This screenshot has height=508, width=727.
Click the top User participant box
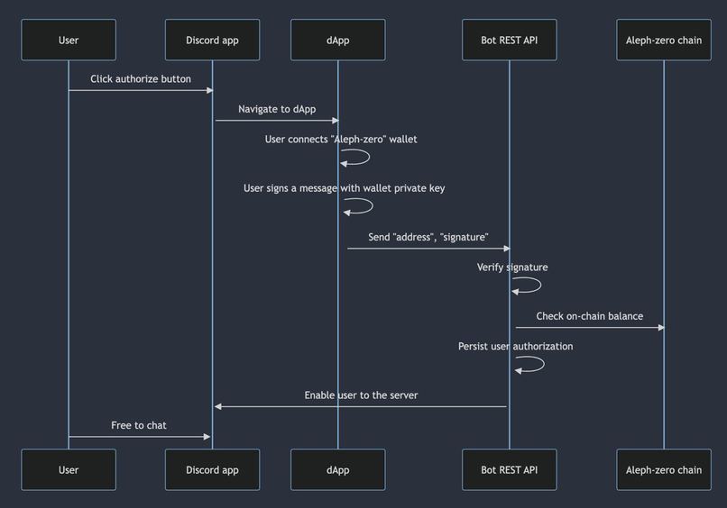click(x=69, y=40)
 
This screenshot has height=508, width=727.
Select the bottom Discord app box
click(x=212, y=469)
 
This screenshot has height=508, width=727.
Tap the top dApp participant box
click(x=337, y=40)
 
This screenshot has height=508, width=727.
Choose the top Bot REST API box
click(x=509, y=40)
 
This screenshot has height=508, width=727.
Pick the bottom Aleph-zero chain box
click(x=664, y=469)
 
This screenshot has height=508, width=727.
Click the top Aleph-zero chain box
click(x=664, y=40)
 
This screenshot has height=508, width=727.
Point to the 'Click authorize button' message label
click(x=141, y=79)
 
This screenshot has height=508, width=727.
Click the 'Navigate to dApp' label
click(x=277, y=109)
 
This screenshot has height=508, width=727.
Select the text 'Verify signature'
click(x=512, y=268)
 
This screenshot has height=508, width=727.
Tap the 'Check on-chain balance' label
click(x=589, y=316)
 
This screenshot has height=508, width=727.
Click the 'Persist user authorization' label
click(x=515, y=346)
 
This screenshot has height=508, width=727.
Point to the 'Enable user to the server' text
click(x=361, y=395)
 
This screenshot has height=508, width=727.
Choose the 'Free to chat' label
click(x=139, y=425)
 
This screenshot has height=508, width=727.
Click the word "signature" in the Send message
click(x=465, y=238)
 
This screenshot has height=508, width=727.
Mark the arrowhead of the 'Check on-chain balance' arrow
click(x=660, y=328)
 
